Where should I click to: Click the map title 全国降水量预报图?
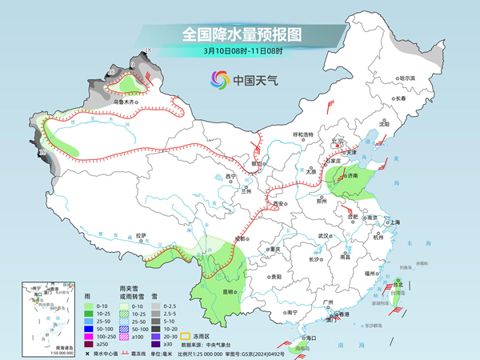coord(241,34)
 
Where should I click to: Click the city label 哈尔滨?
coord(408,78)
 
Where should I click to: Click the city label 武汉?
coord(322,236)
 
